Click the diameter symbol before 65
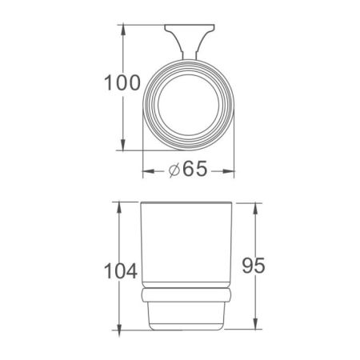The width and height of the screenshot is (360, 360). pyautogui.click(x=175, y=170)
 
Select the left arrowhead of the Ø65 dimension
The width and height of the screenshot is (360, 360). pyautogui.click(x=146, y=170)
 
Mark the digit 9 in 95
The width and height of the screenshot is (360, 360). pyautogui.click(x=242, y=264)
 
